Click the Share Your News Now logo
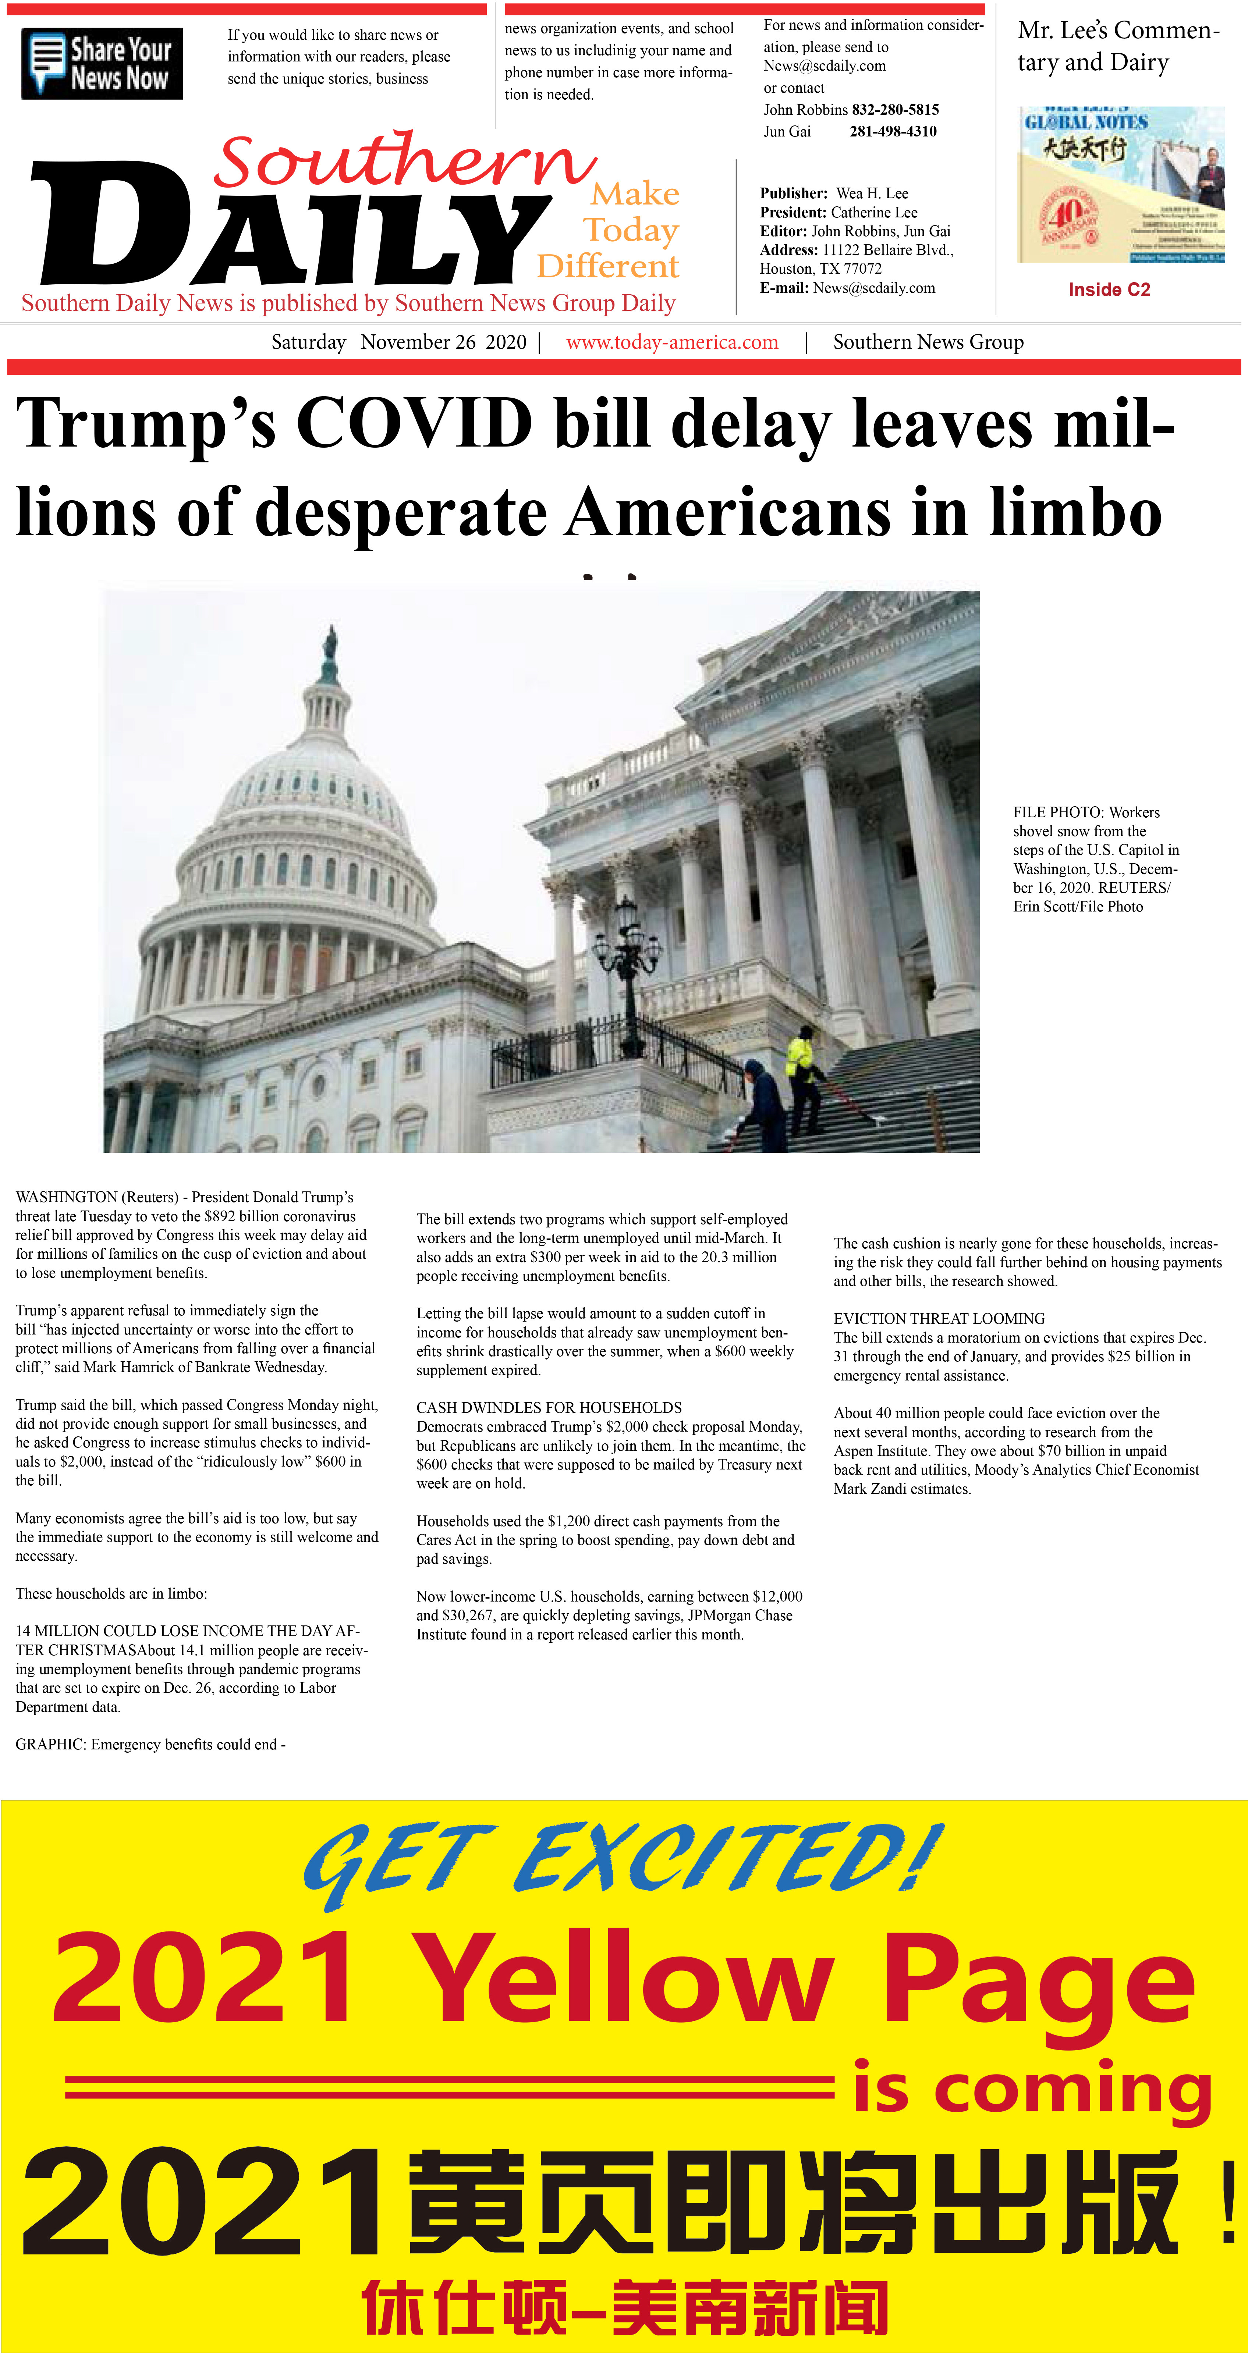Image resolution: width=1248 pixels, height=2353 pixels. click(x=102, y=64)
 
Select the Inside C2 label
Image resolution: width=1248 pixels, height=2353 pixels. click(x=1109, y=289)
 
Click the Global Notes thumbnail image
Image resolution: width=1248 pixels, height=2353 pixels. click(x=1121, y=185)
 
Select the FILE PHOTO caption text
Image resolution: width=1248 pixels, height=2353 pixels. click(x=1095, y=859)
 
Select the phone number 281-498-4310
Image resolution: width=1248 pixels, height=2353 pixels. click(x=893, y=132)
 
